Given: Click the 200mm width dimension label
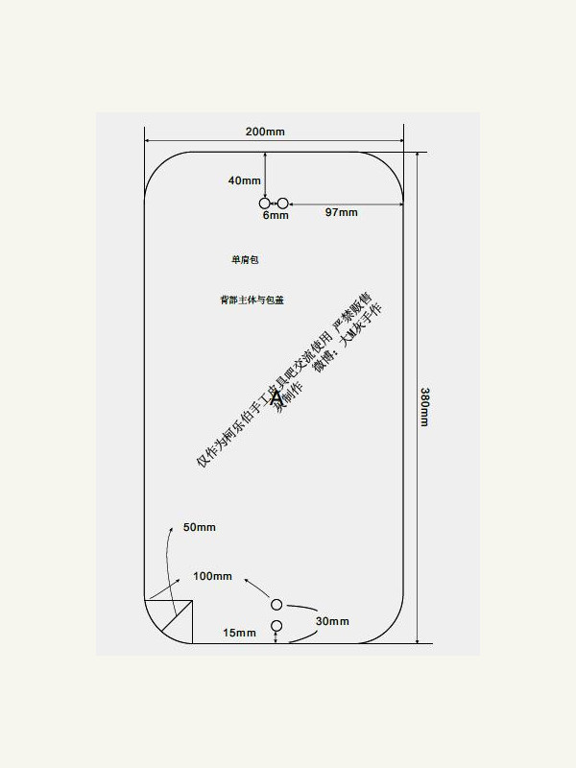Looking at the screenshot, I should point(264,132).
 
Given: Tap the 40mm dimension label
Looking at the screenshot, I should point(245,180).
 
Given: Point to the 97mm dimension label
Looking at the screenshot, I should point(341,212).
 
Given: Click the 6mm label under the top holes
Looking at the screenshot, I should point(276,216).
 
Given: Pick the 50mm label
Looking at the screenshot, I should point(199,527).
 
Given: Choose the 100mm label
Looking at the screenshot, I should point(212,576).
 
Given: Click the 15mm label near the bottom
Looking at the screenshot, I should point(239,633).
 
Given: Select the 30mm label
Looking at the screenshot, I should point(333,621).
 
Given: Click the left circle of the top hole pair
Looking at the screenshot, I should point(265,204).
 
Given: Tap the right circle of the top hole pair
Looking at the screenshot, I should point(282,204).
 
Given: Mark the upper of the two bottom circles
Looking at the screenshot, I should point(276,604).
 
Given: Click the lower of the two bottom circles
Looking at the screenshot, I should point(276,626).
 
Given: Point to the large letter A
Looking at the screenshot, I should point(276,396).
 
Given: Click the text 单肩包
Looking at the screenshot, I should point(246,259).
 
